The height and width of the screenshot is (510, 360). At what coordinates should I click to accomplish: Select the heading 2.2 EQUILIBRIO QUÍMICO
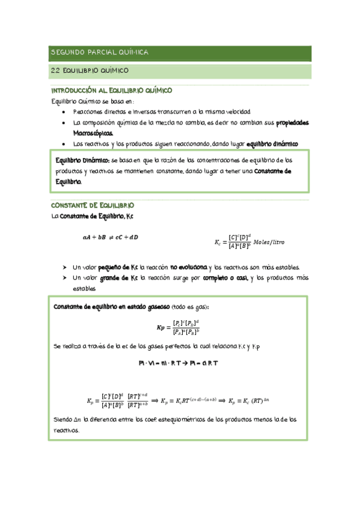[90, 71]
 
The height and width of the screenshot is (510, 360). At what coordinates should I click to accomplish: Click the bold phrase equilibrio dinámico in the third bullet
[272, 144]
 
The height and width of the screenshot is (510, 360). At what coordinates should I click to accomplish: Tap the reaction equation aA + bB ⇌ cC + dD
[111, 237]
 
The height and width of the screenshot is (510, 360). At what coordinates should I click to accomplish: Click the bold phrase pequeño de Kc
[118, 267]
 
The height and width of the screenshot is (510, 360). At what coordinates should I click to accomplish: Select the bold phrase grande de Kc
[116, 278]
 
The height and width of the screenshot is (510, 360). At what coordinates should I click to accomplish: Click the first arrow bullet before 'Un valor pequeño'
[64, 267]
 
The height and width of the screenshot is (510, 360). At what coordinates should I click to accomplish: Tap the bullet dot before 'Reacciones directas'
[64, 112]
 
